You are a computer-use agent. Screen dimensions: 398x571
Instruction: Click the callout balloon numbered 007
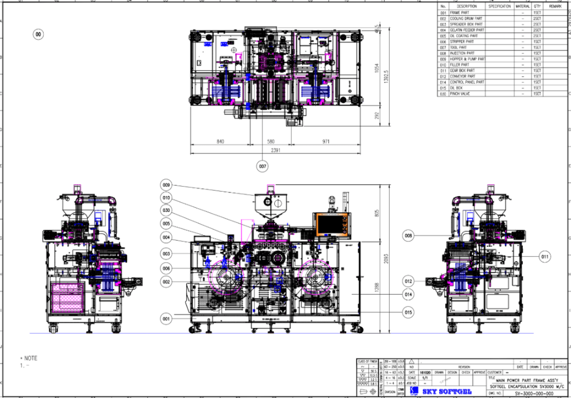[263, 166]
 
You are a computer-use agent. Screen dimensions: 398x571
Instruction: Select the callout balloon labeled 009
[166, 185]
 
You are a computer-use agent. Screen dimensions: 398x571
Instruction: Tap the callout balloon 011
[544, 257]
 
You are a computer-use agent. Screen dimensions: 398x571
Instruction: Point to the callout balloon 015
[408, 312]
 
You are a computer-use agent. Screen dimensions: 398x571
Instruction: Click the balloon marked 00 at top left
[38, 34]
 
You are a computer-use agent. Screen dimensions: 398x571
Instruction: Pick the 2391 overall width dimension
[275, 150]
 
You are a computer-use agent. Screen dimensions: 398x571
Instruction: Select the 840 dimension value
[220, 141]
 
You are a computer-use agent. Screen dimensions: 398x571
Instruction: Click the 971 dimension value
[326, 141]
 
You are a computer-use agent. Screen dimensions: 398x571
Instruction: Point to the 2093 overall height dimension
[386, 259]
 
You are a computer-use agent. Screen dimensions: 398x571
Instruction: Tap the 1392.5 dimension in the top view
[386, 76]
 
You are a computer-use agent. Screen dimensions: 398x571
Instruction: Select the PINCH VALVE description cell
[460, 94]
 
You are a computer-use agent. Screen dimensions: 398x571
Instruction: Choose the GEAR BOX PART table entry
[462, 70]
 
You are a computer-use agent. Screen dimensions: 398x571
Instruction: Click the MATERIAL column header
[523, 6]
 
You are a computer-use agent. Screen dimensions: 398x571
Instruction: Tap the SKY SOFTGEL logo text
[447, 391]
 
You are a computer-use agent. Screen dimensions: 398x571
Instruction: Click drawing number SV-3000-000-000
[534, 393]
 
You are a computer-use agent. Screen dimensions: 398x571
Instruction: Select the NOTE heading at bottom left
[31, 358]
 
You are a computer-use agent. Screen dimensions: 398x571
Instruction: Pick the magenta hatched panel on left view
[67, 298]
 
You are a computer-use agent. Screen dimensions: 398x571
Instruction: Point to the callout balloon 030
[166, 210]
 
